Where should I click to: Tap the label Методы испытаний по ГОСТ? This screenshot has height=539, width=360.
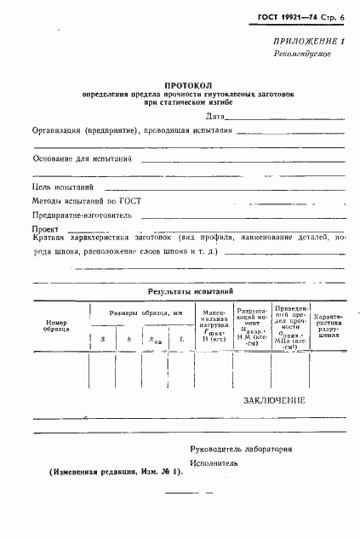pos(87,201)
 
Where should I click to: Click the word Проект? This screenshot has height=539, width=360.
pos(45,229)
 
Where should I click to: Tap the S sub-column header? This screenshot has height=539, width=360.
pos(103,340)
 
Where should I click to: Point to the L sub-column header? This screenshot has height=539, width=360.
pos(182,340)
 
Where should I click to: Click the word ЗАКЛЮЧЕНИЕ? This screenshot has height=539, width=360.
pos(273,399)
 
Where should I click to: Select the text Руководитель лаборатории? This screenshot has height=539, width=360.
pos(242,449)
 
